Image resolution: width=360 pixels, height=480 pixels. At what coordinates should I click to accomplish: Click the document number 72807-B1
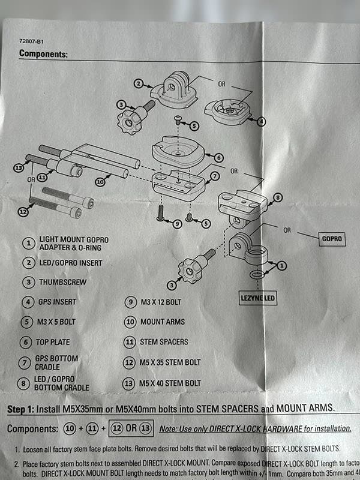32,42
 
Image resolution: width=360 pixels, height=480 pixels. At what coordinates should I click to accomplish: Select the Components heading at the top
43,53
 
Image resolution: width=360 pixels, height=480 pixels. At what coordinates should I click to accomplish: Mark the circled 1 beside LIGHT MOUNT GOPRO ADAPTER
28,243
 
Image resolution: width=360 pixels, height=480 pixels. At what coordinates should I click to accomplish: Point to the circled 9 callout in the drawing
177,224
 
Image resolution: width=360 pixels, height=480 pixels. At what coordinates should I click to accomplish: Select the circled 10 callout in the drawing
100,181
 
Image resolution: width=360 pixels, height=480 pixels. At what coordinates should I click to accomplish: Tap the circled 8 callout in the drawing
277,197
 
